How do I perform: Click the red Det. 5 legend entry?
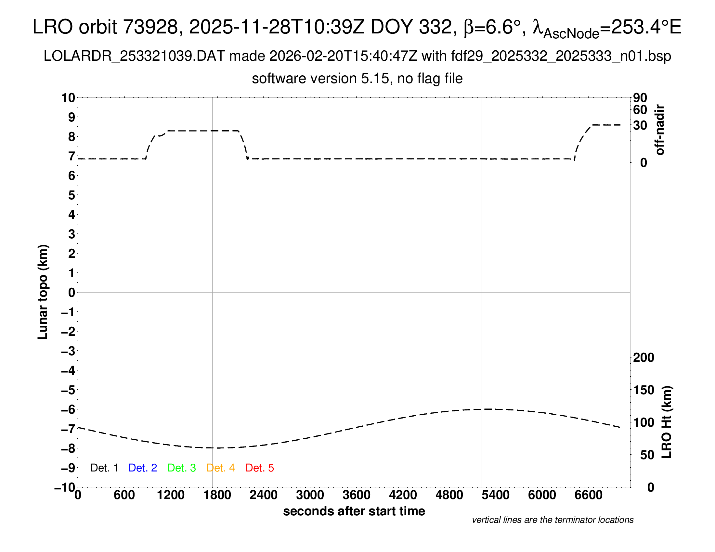click(260, 468)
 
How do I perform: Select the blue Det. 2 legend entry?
click(143, 468)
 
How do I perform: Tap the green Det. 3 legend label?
click(182, 468)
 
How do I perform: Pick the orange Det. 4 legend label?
click(221, 468)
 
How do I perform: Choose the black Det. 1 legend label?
click(104, 468)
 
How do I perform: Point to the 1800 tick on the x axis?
click(217, 495)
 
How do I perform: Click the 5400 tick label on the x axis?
click(496, 495)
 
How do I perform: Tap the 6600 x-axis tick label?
click(588, 495)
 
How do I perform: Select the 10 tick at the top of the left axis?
click(69, 98)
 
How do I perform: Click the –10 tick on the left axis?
click(65, 488)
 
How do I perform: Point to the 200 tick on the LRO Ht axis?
click(643, 358)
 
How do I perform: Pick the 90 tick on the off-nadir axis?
click(640, 98)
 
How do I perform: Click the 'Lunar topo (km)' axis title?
click(43, 292)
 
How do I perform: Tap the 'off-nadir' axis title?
click(660, 130)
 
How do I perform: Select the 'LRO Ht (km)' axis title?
click(667, 422)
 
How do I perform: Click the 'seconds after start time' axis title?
click(354, 511)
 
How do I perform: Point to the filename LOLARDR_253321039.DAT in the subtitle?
click(134, 56)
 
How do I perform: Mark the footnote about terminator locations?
click(552, 520)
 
